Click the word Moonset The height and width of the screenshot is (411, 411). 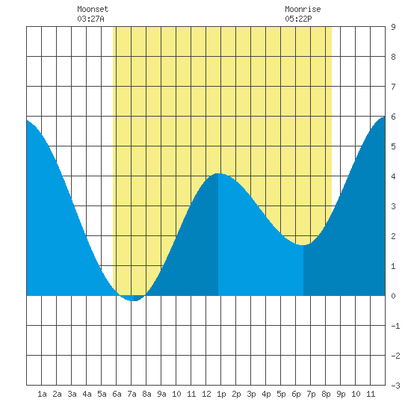pos(93,9)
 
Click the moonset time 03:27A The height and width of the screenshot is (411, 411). pos(90,19)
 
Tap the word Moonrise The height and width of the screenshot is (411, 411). pos(303,9)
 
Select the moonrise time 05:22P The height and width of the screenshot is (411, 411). pos(298,19)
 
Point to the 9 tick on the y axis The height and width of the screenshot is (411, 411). pos(393,27)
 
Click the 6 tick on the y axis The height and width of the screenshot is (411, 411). pos(393,117)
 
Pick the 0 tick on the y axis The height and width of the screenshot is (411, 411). pos(393,296)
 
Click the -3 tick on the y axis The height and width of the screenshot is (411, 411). pos(395,386)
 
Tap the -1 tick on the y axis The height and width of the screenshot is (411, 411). pos(395,326)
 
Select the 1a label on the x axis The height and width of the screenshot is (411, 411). pos(42,394)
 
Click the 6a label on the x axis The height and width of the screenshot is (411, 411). pos(117,394)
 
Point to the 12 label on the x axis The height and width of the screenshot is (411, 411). pos(206,394)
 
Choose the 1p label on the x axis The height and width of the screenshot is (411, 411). pos(221,394)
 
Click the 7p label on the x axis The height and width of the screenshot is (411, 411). pos(311,394)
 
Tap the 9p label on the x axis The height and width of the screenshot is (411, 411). pos(341,394)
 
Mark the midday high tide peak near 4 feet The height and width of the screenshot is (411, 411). pos(218,173)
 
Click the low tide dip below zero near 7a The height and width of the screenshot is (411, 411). pos(134,300)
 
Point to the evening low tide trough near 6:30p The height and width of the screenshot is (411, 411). pos(303,245)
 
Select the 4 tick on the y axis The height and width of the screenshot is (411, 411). pos(393,176)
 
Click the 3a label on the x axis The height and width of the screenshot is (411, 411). pos(72,394)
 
